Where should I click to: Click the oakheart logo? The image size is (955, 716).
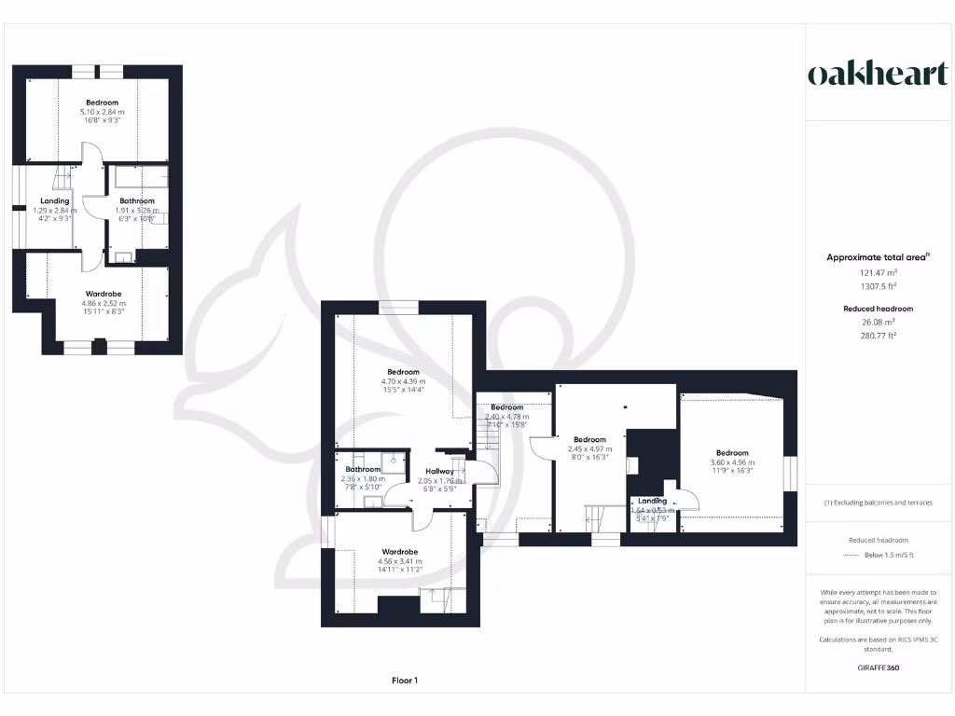coord(877,75)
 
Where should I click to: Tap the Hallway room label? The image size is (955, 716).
coord(440,472)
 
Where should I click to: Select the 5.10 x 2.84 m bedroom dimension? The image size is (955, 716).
coord(102,112)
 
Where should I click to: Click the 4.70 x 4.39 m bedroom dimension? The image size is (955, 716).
coord(403,381)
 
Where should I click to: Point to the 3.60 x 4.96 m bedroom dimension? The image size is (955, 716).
coord(732,462)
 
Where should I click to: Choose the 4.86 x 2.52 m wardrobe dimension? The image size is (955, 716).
coord(103,304)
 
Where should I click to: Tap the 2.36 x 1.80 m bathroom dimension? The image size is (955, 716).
coord(363,479)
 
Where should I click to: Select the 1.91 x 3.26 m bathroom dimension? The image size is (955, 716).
coord(137,211)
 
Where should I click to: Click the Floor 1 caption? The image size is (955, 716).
coord(404,681)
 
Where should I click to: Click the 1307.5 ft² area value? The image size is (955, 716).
coord(878,286)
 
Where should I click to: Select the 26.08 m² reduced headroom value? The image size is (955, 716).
coord(878,323)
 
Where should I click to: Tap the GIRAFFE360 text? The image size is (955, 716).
coord(878,668)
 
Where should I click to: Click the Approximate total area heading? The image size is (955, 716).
coord(876,257)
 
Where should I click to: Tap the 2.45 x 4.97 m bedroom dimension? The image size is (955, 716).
coord(589,448)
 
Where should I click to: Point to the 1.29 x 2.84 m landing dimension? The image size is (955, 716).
coord(55,211)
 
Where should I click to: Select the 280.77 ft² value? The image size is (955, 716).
coord(878,335)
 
